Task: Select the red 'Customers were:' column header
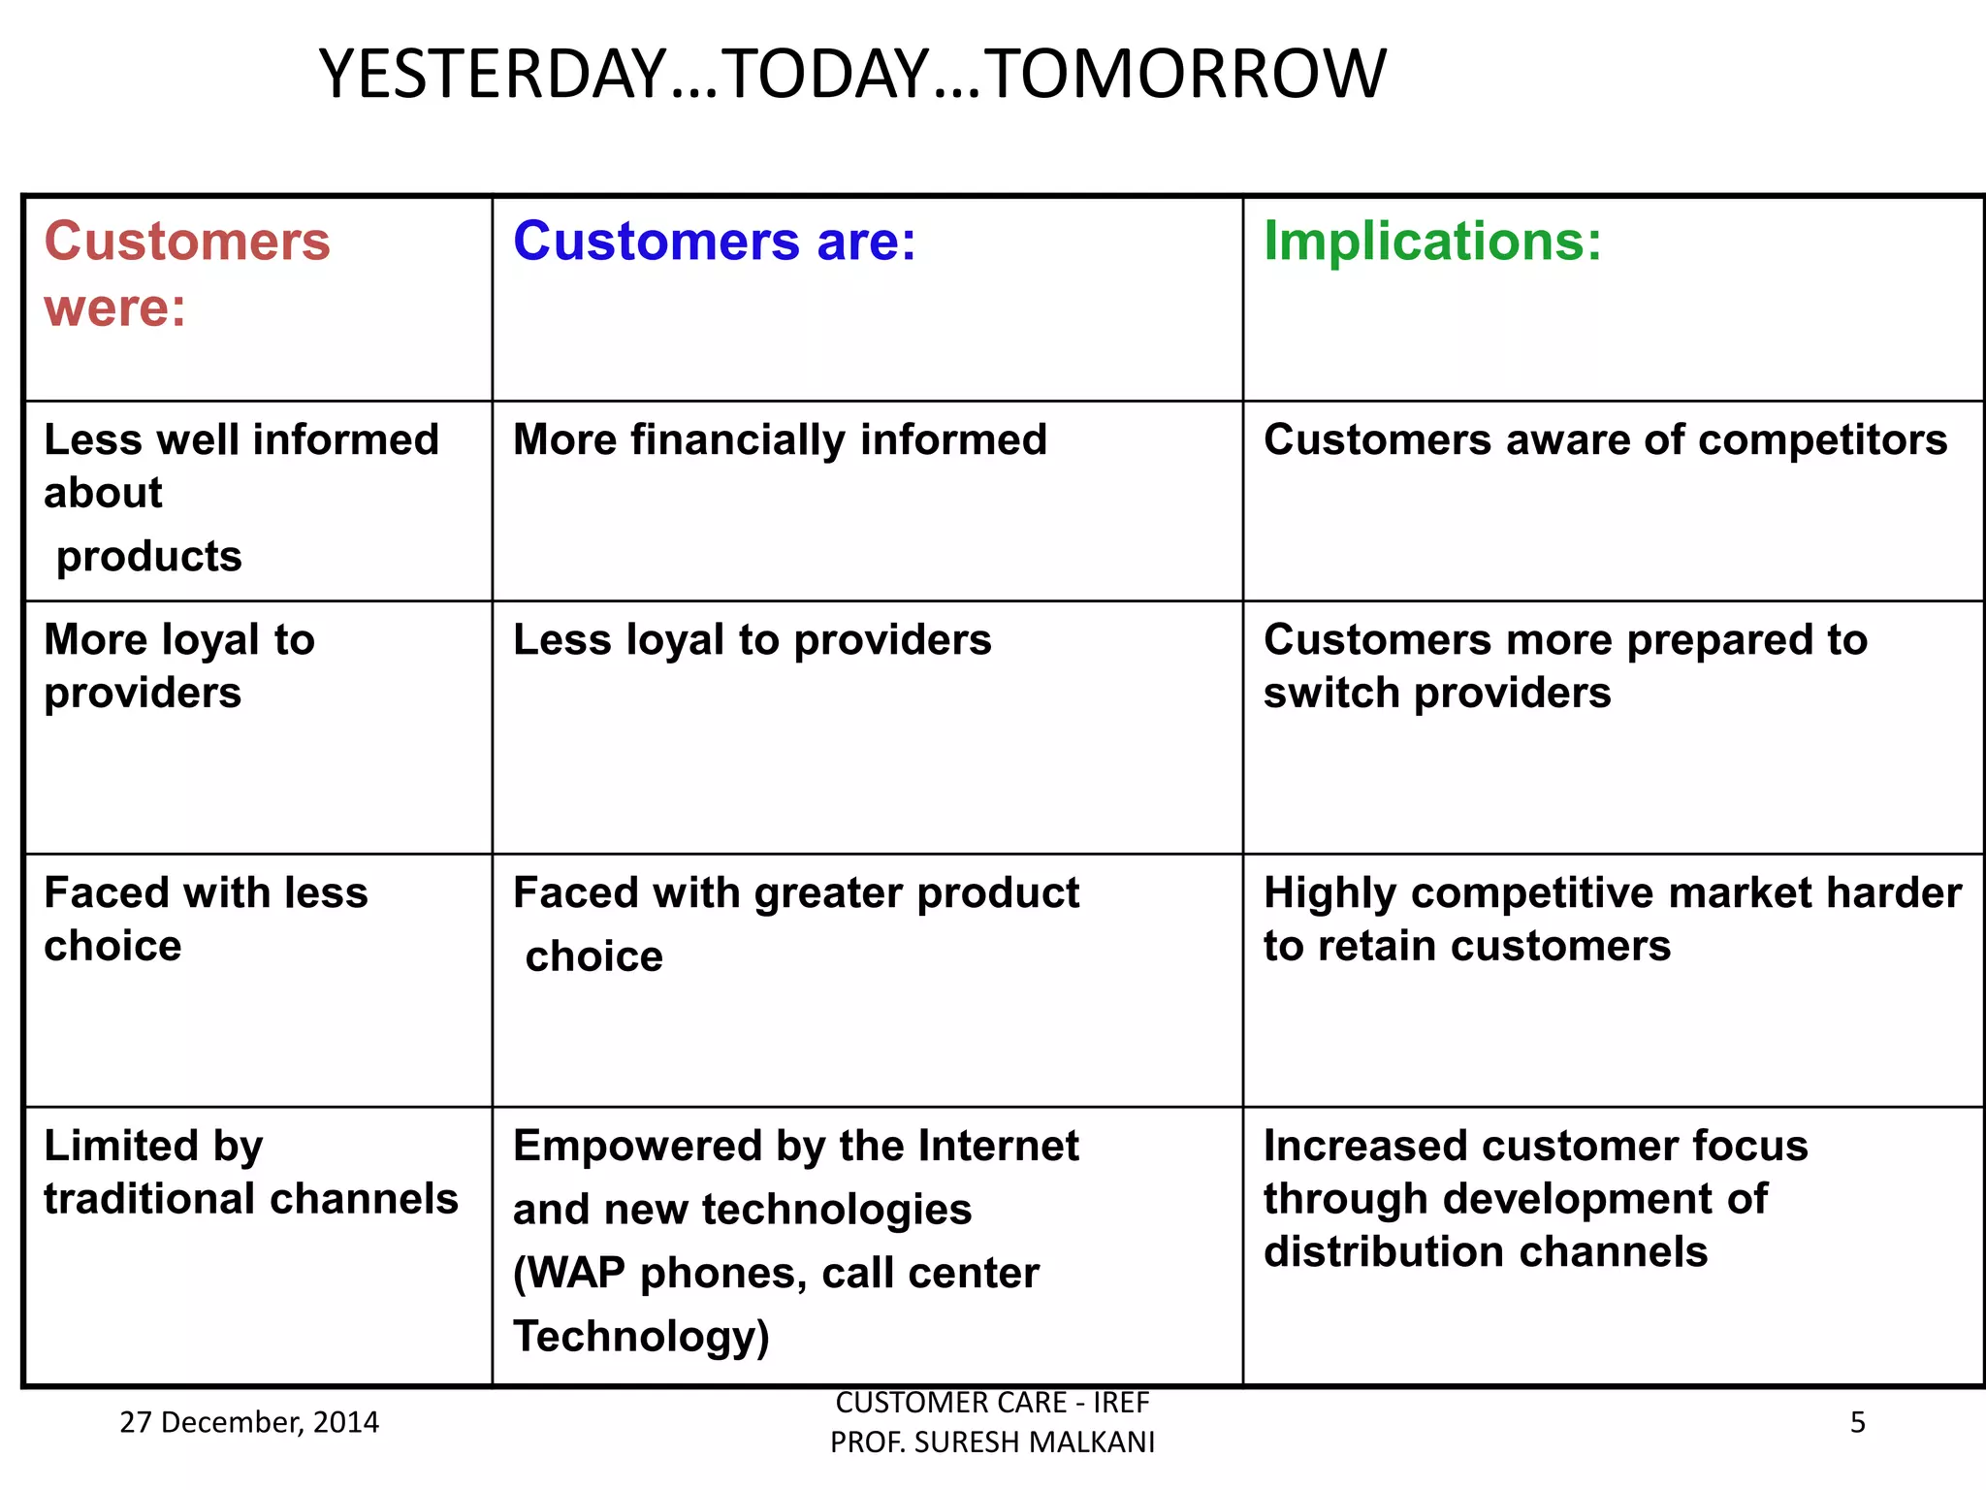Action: pos(187,274)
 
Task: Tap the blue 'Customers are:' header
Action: pos(715,241)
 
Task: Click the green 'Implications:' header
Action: pos(1432,241)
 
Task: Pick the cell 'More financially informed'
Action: pos(780,439)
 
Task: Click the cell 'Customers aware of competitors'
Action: pos(1605,439)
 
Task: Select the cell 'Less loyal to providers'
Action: pos(752,640)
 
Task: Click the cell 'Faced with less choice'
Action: pos(206,919)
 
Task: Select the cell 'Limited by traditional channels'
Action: pos(250,1172)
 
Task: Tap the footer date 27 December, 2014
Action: pos(249,1422)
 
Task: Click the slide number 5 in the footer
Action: pos(1857,1422)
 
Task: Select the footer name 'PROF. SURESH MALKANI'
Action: pos(992,1442)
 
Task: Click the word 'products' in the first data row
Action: pos(148,557)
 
